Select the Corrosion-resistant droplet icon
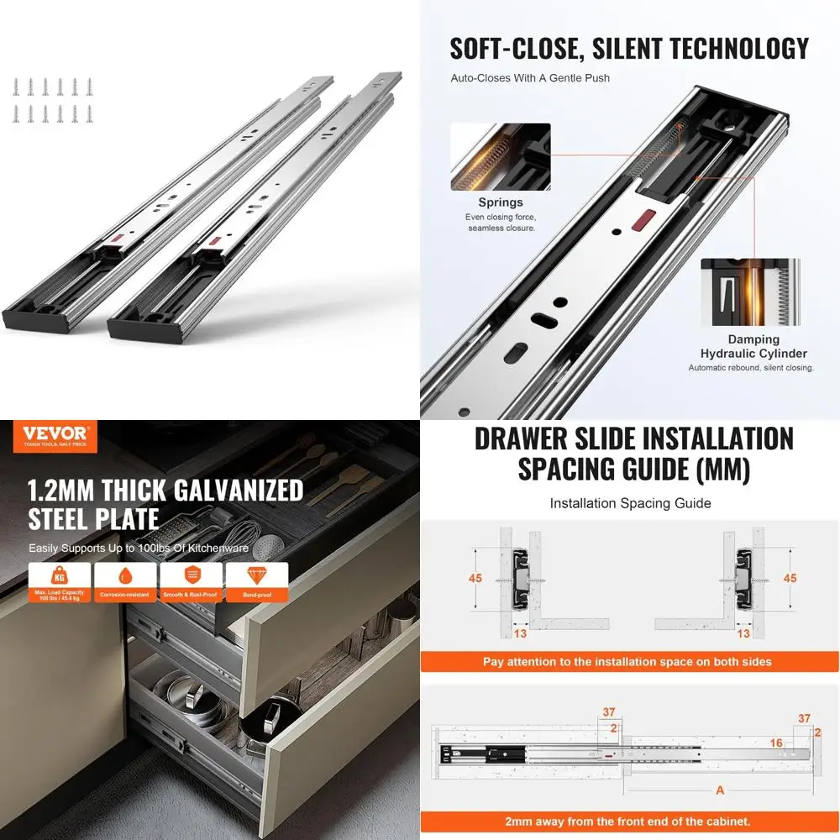(x=124, y=577)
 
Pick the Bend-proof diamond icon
(x=255, y=577)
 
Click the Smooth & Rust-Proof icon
(x=191, y=577)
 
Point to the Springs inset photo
(x=501, y=157)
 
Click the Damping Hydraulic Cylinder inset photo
(x=750, y=291)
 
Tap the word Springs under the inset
(x=501, y=202)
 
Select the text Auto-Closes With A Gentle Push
(x=530, y=78)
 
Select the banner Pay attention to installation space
(x=627, y=661)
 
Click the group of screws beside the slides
(x=52, y=100)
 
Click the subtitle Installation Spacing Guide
(x=630, y=503)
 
